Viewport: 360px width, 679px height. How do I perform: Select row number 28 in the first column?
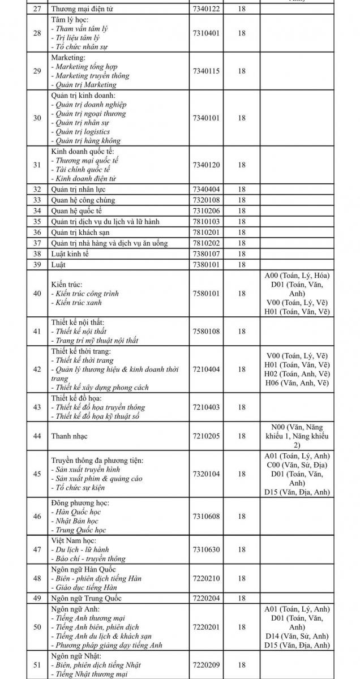pyautogui.click(x=37, y=33)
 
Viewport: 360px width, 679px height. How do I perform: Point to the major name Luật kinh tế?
pyautogui.click(x=70, y=254)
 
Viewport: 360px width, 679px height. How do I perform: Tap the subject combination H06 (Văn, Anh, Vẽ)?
pyautogui.click(x=297, y=383)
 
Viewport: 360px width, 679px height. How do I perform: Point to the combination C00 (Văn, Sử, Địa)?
pyautogui.click(x=297, y=465)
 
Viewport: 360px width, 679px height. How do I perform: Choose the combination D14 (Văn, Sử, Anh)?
pyautogui.click(x=297, y=636)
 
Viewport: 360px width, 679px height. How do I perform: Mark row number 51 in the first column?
pyautogui.click(x=37, y=665)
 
